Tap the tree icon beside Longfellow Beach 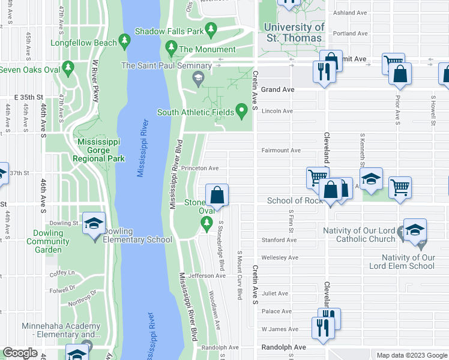tap(124, 41)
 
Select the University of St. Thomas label tap(294, 32)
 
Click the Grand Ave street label tap(277, 89)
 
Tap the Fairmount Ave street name tap(280, 150)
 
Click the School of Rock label tap(295, 200)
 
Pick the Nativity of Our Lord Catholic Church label tap(359, 235)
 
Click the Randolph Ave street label tap(283, 347)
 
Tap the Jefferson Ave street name tap(206, 276)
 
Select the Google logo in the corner tap(20, 353)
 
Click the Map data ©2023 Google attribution tap(411, 355)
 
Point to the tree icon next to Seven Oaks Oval tap(68, 66)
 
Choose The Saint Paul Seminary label tap(166, 65)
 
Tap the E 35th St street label tap(29, 97)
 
